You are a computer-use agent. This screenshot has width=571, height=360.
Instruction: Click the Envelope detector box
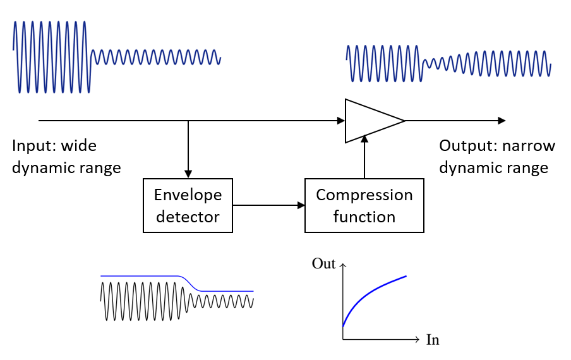[x=188, y=206]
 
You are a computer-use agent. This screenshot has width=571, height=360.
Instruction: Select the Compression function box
[x=364, y=206]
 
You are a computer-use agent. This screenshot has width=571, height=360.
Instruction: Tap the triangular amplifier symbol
[x=370, y=120]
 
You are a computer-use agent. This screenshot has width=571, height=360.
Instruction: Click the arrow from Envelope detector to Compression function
[x=268, y=205]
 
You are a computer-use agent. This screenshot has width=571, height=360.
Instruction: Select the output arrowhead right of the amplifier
[x=502, y=120]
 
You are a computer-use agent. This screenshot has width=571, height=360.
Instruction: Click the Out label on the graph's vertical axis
[x=323, y=263]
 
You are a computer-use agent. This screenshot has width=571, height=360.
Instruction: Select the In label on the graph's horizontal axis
[x=433, y=340]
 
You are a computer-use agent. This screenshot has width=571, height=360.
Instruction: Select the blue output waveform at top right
[x=448, y=64]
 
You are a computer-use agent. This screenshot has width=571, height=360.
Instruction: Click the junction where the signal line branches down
[x=188, y=120]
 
